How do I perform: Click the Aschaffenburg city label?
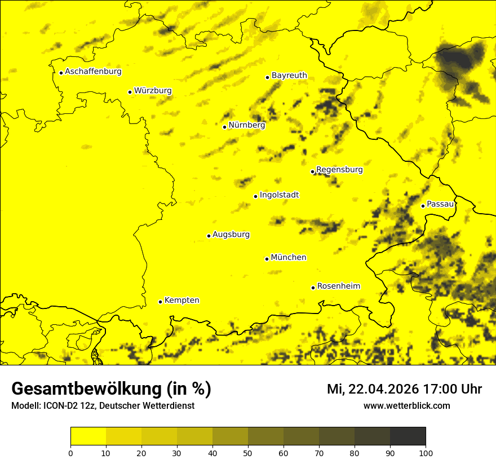[x=93, y=72]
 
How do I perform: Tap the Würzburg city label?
[x=153, y=91]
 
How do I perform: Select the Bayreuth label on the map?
[x=289, y=76]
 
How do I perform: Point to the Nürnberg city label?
[x=247, y=125]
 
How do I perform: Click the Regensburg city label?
[x=339, y=170]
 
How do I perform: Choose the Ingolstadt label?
[x=279, y=195]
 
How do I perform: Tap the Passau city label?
[x=440, y=204]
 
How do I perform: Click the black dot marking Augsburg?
[x=209, y=236]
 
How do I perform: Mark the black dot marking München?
[x=267, y=259]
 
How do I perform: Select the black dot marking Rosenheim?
[x=313, y=288]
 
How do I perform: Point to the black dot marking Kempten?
[x=160, y=302]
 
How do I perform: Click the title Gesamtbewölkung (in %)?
[x=111, y=389]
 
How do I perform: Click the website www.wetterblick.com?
[x=406, y=405]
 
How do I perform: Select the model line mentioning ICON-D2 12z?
[x=103, y=406]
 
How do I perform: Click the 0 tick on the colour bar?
[x=70, y=453]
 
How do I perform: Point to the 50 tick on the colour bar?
[x=248, y=453]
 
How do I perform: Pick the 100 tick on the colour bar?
[x=426, y=453]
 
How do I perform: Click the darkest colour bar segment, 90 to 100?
[x=408, y=436]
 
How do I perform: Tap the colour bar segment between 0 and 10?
[x=88, y=436]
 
